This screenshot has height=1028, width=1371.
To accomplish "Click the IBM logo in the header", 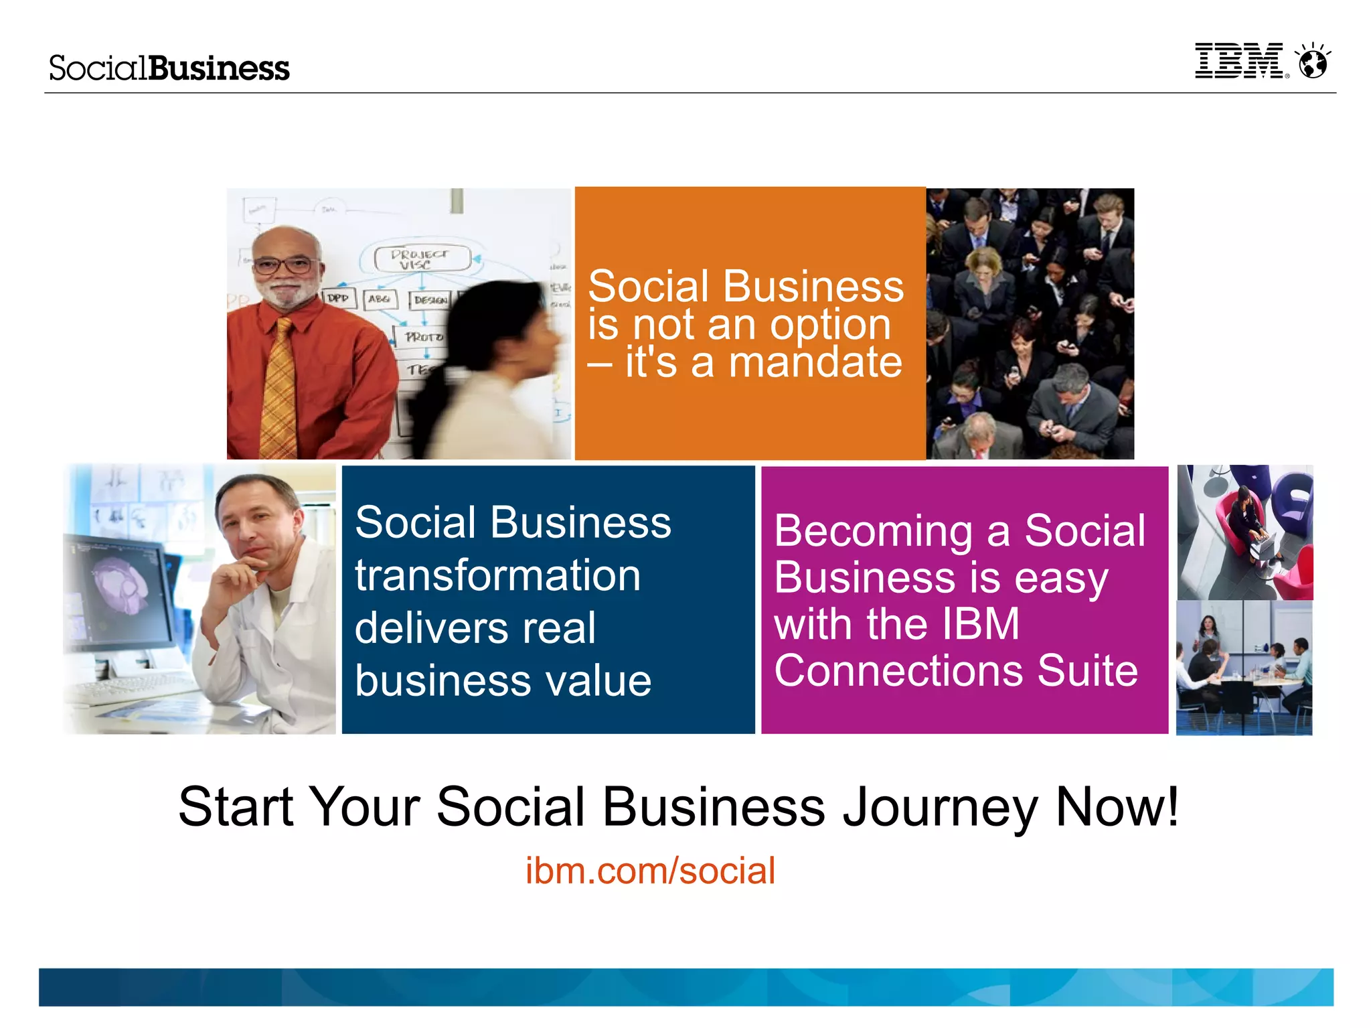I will coord(1239,62).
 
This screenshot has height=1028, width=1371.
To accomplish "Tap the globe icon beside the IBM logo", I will coord(1313,62).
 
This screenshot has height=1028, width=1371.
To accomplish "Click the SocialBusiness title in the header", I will coord(169,68).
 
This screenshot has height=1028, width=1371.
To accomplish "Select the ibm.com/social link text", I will coord(650,871).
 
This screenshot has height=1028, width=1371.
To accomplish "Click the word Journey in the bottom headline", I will coord(940,807).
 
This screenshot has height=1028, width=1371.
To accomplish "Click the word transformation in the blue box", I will coord(497,575).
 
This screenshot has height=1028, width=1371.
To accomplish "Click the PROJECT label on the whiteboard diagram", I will coord(420,254).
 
